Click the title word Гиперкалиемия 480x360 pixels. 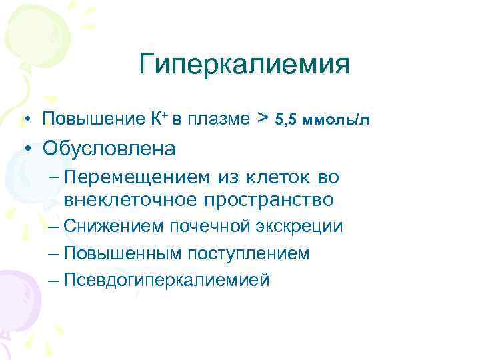coord(245,66)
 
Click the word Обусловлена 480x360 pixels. coord(109,148)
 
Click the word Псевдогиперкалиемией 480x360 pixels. coord(167,280)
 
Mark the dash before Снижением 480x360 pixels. coord(55,227)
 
